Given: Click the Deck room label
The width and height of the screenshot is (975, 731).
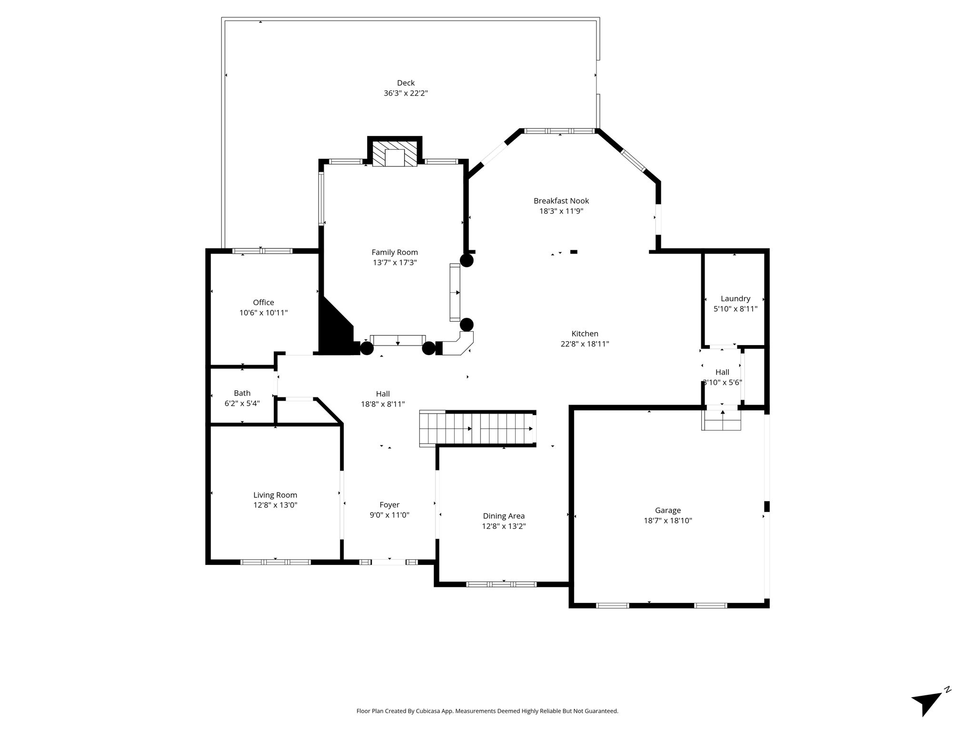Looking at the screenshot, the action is point(406,83).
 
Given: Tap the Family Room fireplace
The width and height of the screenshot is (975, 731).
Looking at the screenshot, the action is point(394,153).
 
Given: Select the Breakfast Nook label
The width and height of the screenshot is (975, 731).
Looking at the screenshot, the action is point(561,201).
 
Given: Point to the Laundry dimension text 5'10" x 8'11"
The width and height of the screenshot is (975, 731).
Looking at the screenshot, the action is point(735,308).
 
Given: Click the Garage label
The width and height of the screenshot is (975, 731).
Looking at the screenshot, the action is point(667,510).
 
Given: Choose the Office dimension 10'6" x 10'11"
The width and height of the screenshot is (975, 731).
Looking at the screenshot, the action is point(263,313).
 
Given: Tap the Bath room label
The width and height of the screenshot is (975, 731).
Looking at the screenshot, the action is point(242,393).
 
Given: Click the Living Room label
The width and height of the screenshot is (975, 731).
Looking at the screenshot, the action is point(275,495).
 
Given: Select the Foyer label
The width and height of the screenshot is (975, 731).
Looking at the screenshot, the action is point(389,505).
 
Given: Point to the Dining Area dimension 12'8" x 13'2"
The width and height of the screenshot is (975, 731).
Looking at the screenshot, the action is point(504,526).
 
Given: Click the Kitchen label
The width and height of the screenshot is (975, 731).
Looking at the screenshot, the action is point(585,334).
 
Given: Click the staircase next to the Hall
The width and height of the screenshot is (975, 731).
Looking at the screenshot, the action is point(478,428).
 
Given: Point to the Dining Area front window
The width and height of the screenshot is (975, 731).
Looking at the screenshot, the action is point(501,584).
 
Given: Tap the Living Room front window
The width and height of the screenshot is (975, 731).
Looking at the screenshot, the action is point(276,562).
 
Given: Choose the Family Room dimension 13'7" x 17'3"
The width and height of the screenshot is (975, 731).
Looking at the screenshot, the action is point(395,262).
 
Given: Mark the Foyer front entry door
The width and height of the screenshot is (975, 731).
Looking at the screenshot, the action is point(388,562).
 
